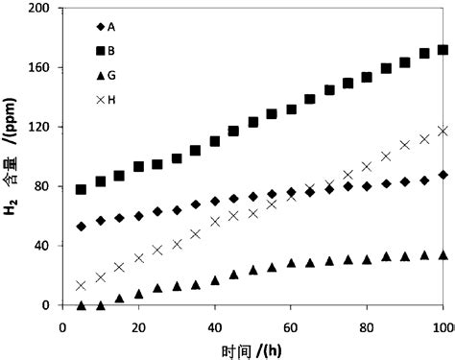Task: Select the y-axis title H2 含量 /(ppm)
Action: [12, 156]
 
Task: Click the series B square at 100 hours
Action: [443, 50]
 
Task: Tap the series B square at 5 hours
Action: [81, 189]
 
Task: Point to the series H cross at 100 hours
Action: [443, 131]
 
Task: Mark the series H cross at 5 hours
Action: [81, 285]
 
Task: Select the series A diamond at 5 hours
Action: [81, 227]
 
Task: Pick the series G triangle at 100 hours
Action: [443, 254]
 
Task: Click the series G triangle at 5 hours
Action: [81, 305]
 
